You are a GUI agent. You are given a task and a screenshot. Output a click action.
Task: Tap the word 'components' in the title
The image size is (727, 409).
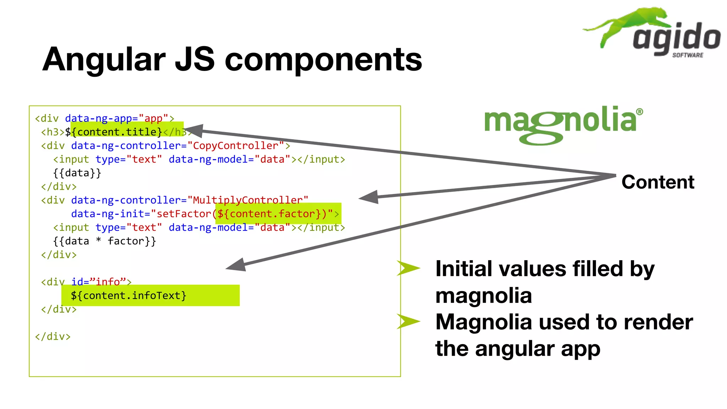coord(323,60)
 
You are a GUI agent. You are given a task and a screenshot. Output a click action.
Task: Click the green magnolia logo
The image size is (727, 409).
coord(563,124)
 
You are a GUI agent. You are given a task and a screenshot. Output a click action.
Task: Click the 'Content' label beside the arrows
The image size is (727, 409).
coord(657,182)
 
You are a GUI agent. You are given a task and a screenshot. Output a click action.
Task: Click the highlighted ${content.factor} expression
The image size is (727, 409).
coord(272,214)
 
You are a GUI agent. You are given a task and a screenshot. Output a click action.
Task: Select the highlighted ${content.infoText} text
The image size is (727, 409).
coord(129,295)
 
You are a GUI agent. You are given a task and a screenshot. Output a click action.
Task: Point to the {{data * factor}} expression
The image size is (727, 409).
coord(104,241)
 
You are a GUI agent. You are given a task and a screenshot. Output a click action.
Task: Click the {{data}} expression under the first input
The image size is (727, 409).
coord(77,173)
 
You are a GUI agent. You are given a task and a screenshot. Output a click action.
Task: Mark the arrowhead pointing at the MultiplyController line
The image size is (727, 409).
coord(369,197)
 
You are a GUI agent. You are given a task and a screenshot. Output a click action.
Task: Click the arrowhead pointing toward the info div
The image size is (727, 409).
coord(237,265)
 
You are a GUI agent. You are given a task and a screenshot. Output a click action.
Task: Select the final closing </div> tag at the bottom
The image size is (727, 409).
coord(53,336)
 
